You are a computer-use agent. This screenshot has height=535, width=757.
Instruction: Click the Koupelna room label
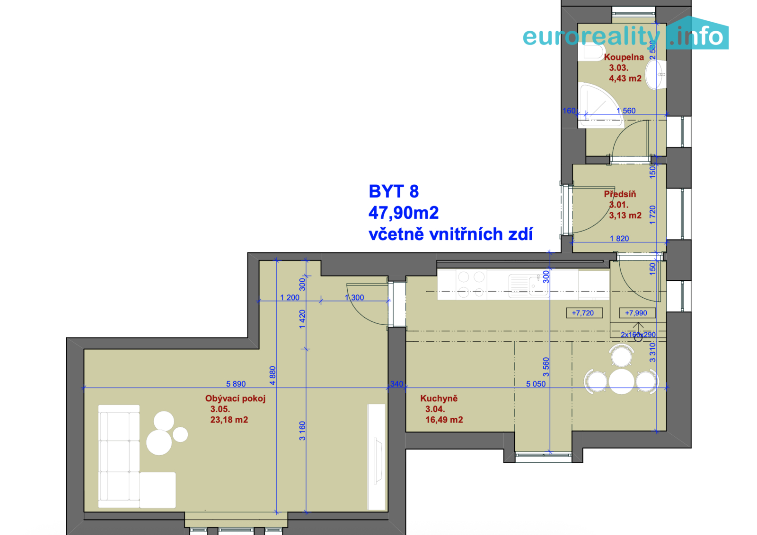click(x=624, y=57)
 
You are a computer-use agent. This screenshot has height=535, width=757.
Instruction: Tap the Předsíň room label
click(x=620, y=194)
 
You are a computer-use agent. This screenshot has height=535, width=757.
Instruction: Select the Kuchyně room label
click(x=439, y=398)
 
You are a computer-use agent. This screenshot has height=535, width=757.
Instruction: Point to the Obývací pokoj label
click(x=235, y=398)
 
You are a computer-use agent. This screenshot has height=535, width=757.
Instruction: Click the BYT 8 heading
click(x=394, y=191)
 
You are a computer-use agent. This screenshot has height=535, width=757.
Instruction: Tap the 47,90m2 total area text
click(x=404, y=213)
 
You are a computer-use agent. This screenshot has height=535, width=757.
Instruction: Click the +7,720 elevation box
click(x=584, y=313)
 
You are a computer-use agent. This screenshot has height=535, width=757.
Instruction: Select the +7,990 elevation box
click(x=637, y=313)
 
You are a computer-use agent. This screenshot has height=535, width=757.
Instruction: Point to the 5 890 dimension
click(x=236, y=384)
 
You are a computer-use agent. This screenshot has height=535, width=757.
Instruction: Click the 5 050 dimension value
click(x=536, y=384)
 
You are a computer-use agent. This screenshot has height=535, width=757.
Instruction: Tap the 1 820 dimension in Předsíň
click(x=619, y=239)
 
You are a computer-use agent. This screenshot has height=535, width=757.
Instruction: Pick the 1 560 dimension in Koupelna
click(x=626, y=111)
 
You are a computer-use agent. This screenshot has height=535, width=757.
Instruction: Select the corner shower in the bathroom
click(x=599, y=105)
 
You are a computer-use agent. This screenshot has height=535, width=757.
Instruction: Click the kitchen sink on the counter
click(x=528, y=285)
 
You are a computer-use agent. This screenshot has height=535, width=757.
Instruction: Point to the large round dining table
click(x=621, y=381)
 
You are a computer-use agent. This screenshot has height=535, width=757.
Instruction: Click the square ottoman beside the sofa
click(x=158, y=490)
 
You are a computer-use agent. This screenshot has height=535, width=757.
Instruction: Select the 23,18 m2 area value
click(x=229, y=420)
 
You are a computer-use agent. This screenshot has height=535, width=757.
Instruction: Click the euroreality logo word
click(x=591, y=36)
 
